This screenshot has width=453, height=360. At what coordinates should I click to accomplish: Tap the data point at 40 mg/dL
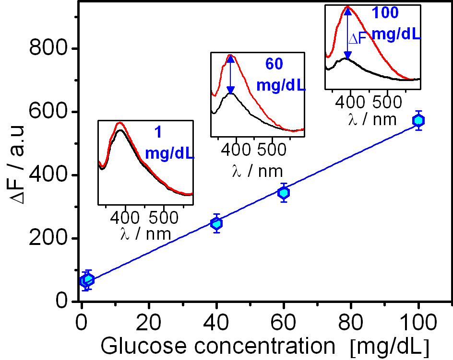click(x=216, y=223)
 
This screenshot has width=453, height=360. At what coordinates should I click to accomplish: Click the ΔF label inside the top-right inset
click(x=357, y=39)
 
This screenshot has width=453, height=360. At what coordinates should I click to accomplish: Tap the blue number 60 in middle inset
click(x=275, y=64)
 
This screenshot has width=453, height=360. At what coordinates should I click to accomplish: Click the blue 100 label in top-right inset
click(x=385, y=13)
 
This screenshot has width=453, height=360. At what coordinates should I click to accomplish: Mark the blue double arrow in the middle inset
click(x=231, y=74)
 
